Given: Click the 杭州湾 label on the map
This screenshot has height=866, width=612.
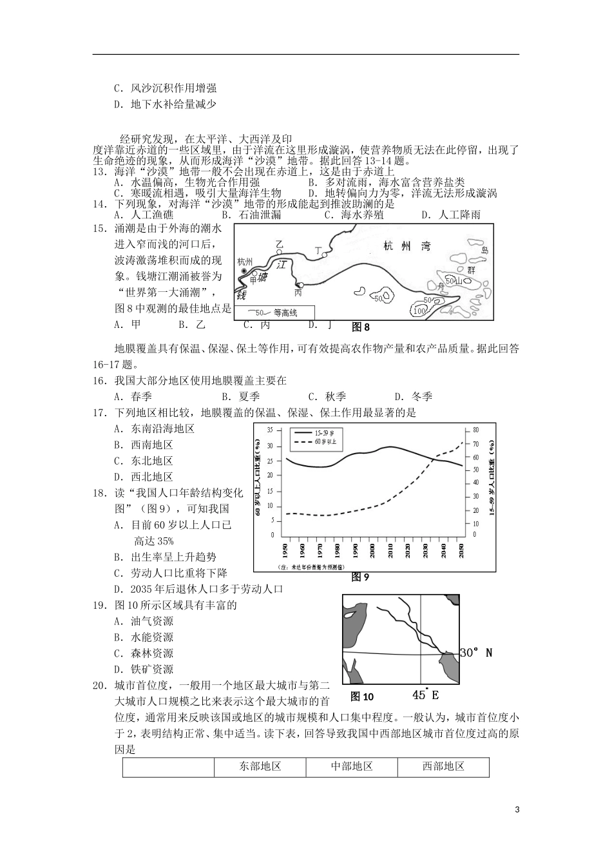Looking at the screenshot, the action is coord(405,246).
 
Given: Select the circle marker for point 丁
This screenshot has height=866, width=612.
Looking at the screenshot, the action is coord(325,255).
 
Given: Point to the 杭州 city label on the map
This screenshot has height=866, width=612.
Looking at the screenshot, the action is coord(245,261).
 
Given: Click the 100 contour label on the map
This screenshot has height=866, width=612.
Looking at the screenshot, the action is coord(419,312).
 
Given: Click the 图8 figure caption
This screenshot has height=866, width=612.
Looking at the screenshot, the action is coord(361,327).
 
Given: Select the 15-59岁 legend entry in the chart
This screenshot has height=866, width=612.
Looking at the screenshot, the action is coord(310,433).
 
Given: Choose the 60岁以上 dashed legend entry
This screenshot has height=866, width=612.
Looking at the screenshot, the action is coord(310,443).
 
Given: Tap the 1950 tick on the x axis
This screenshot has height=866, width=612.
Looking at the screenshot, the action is coord(285,552).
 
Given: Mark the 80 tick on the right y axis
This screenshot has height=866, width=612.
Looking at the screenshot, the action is coord(476,430).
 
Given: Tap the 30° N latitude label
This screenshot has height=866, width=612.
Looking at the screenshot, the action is coord(476,653).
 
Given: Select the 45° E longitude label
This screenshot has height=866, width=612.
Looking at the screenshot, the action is coord(425,695).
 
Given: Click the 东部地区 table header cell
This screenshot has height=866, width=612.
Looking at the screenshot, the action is coord(260,767).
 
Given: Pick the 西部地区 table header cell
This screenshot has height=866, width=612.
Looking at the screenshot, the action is coord(443,767).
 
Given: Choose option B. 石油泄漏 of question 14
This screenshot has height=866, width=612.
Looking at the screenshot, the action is coord(251,215).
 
